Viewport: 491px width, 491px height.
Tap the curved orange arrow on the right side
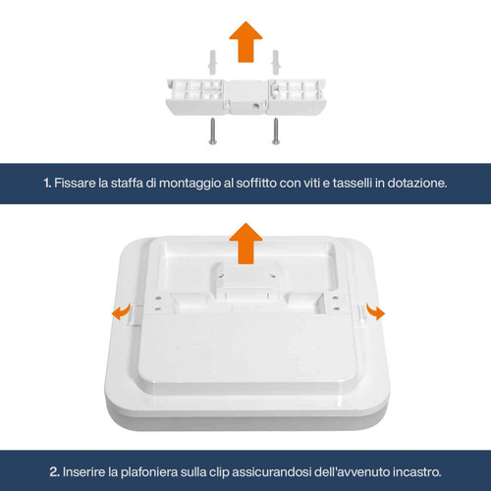tap(374, 311)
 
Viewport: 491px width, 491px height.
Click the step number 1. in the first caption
tap(47, 183)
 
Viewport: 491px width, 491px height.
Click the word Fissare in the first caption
tap(77, 183)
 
